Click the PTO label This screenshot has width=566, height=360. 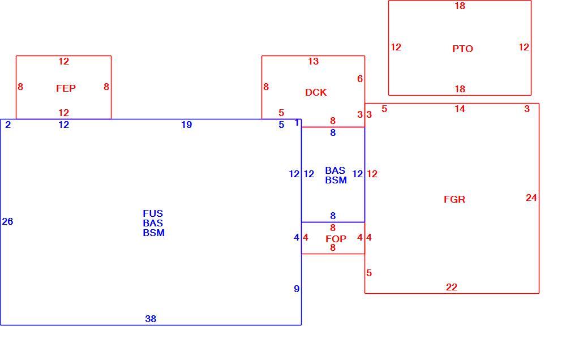click(x=462, y=49)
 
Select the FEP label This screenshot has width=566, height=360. click(x=66, y=88)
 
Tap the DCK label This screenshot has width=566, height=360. click(x=316, y=92)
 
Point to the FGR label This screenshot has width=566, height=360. click(x=454, y=199)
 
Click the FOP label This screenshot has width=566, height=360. click(x=336, y=239)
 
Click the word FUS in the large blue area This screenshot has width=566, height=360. click(x=153, y=213)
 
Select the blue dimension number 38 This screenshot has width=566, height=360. click(x=151, y=319)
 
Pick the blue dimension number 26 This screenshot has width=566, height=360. click(x=7, y=221)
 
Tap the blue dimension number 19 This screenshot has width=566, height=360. click(x=186, y=125)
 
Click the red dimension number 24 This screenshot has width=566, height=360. click(x=531, y=198)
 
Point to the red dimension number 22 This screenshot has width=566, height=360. click(x=452, y=287)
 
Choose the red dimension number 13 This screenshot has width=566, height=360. click(x=314, y=61)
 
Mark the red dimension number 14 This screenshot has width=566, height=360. click(x=460, y=109)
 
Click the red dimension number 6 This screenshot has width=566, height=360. click(x=360, y=79)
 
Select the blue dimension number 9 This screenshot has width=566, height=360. click(x=297, y=289)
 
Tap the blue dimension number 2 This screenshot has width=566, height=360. click(x=8, y=125)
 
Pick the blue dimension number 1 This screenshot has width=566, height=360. click(x=297, y=123)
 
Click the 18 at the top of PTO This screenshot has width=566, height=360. click(x=460, y=6)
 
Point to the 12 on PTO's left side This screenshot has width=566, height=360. click(x=396, y=48)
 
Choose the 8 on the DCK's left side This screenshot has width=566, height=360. click(x=266, y=87)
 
